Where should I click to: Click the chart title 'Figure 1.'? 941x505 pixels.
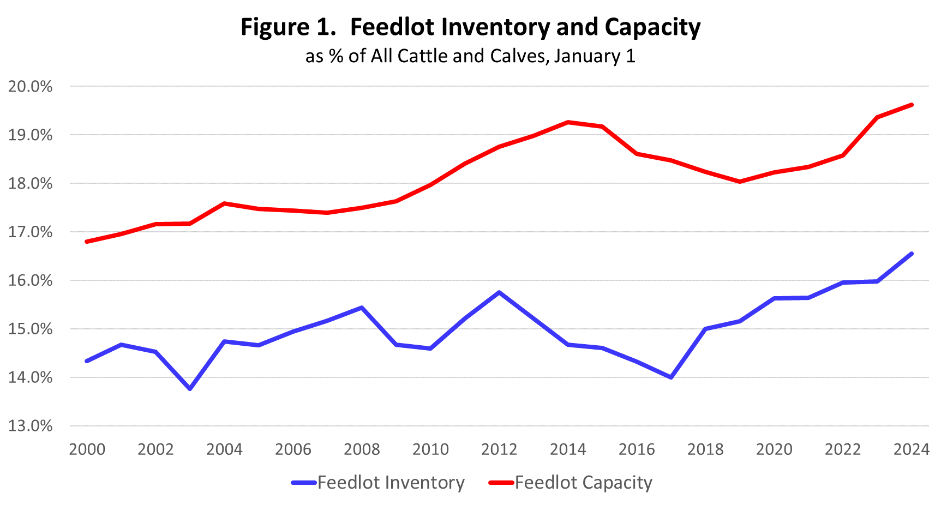pyautogui.click(x=288, y=27)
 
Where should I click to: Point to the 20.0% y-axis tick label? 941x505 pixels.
pyautogui.click(x=31, y=87)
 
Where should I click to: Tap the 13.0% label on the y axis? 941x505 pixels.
pyautogui.click(x=31, y=426)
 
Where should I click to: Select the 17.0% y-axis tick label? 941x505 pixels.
pyautogui.click(x=31, y=232)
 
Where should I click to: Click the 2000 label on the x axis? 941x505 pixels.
pyautogui.click(x=87, y=449)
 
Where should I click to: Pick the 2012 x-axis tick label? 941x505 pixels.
pyautogui.click(x=499, y=449)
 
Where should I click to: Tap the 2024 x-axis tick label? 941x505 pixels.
pyautogui.click(x=911, y=449)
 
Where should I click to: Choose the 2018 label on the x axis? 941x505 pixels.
pyautogui.click(x=705, y=449)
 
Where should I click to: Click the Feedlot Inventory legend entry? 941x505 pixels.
pyautogui.click(x=391, y=483)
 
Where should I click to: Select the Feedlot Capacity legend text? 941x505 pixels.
pyautogui.click(x=583, y=483)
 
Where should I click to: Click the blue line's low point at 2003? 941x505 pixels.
pyautogui.click(x=190, y=388)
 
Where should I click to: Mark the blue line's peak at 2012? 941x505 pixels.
pyautogui.click(x=499, y=292)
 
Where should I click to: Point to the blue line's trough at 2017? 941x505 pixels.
pyautogui.click(x=671, y=377)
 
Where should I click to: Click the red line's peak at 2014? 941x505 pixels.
pyautogui.click(x=568, y=122)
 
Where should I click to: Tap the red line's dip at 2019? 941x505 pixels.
pyautogui.click(x=740, y=182)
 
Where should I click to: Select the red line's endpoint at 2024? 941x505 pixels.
pyautogui.click(x=912, y=105)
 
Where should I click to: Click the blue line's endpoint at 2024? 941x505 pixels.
pyautogui.click(x=912, y=254)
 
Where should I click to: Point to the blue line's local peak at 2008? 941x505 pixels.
pyautogui.click(x=362, y=308)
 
